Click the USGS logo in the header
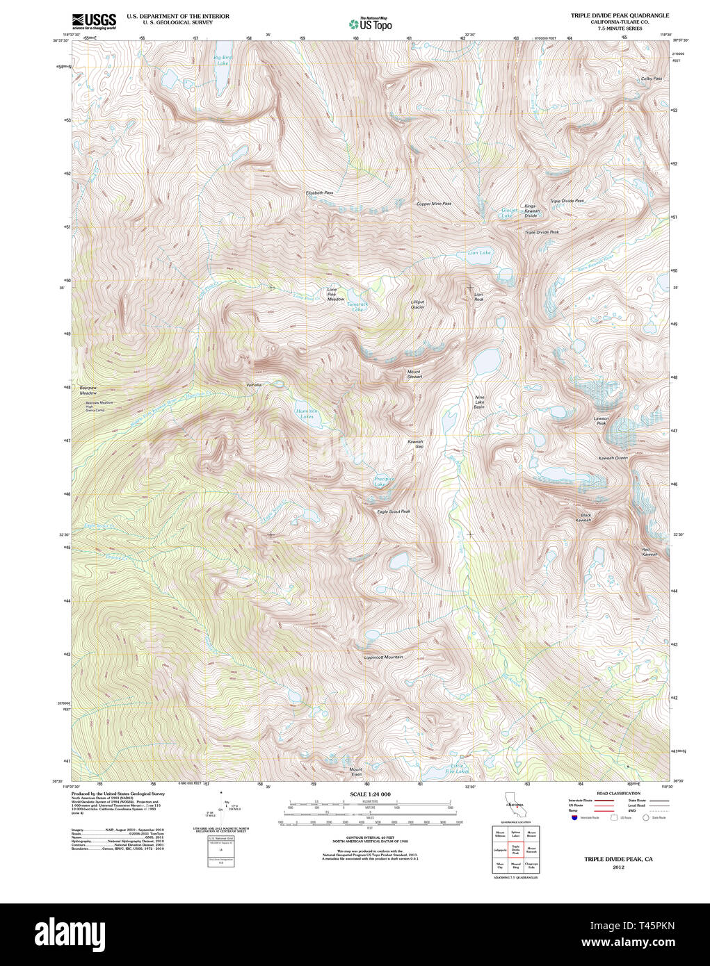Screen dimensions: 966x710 [x=94, y=21]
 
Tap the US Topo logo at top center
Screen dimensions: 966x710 [x=371, y=24]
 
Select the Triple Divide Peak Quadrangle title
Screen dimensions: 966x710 [x=620, y=15]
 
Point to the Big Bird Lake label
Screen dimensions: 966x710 [x=223, y=60]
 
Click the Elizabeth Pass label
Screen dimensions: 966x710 [x=319, y=193]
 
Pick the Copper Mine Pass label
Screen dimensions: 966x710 [x=433, y=204]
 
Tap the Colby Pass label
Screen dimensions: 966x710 [x=651, y=79]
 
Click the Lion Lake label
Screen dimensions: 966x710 [x=479, y=253]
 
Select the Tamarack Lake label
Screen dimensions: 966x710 [x=357, y=306]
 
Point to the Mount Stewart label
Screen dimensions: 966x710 [x=414, y=374]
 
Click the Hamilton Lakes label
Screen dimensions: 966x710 [x=307, y=414]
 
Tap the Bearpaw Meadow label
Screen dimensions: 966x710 [x=88, y=391]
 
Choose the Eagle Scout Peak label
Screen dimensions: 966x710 [x=393, y=511]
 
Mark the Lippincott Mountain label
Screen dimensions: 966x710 [x=383, y=657]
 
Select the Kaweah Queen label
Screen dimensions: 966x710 [x=613, y=458]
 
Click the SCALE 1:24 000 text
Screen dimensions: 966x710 [x=370, y=794]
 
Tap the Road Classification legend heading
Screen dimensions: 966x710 [x=618, y=793]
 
